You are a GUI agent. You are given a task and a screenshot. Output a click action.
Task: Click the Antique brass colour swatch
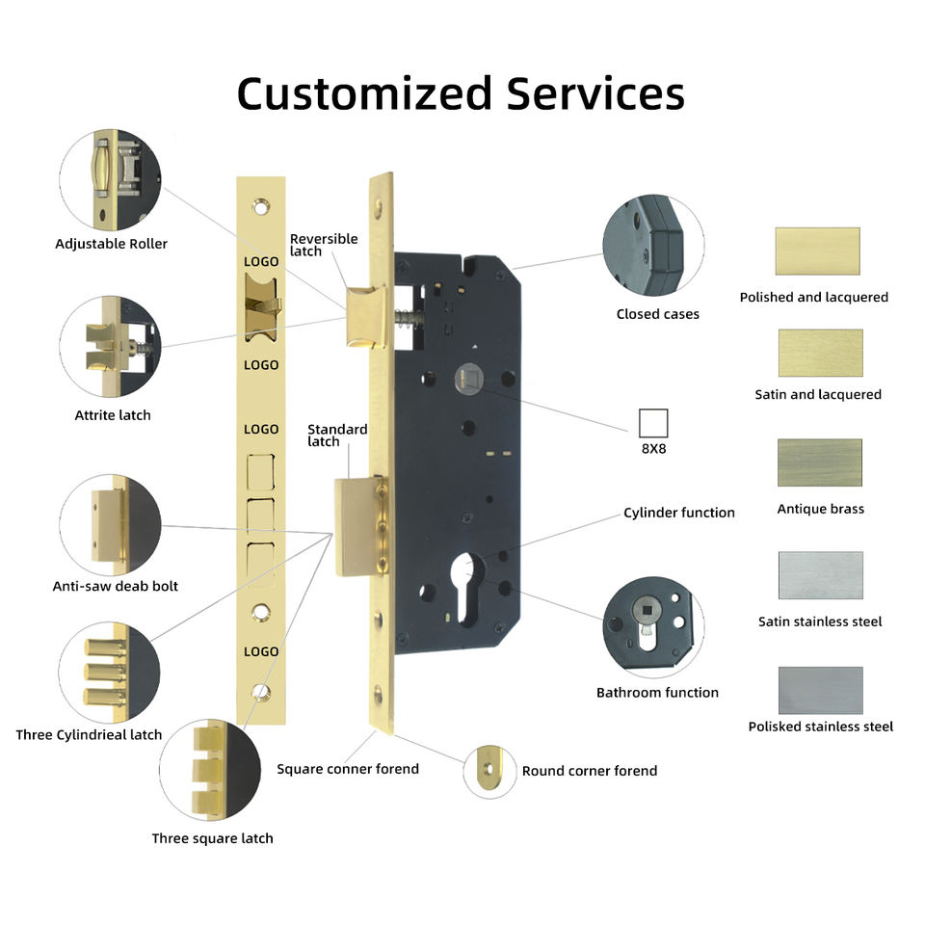tap(820, 462)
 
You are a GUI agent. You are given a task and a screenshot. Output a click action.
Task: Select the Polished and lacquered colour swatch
tap(817, 251)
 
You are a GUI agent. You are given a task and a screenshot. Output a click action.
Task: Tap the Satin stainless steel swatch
tap(820, 575)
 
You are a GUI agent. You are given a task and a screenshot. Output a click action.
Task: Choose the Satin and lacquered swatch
tap(820, 353)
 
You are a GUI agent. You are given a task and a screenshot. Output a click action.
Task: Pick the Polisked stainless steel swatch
tap(820, 690)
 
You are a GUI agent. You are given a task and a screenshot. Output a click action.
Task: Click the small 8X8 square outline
tap(653, 423)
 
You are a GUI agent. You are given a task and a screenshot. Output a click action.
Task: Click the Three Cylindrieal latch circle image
tap(107, 671)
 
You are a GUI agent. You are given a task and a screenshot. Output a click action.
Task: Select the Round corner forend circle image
tap(490, 771)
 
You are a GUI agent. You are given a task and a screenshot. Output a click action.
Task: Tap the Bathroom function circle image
tap(653, 628)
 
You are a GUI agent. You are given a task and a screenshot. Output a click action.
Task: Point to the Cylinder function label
tap(678, 513)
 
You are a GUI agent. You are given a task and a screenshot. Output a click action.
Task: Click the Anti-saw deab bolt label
tap(115, 586)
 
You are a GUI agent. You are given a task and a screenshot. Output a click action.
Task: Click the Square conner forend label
tap(348, 769)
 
